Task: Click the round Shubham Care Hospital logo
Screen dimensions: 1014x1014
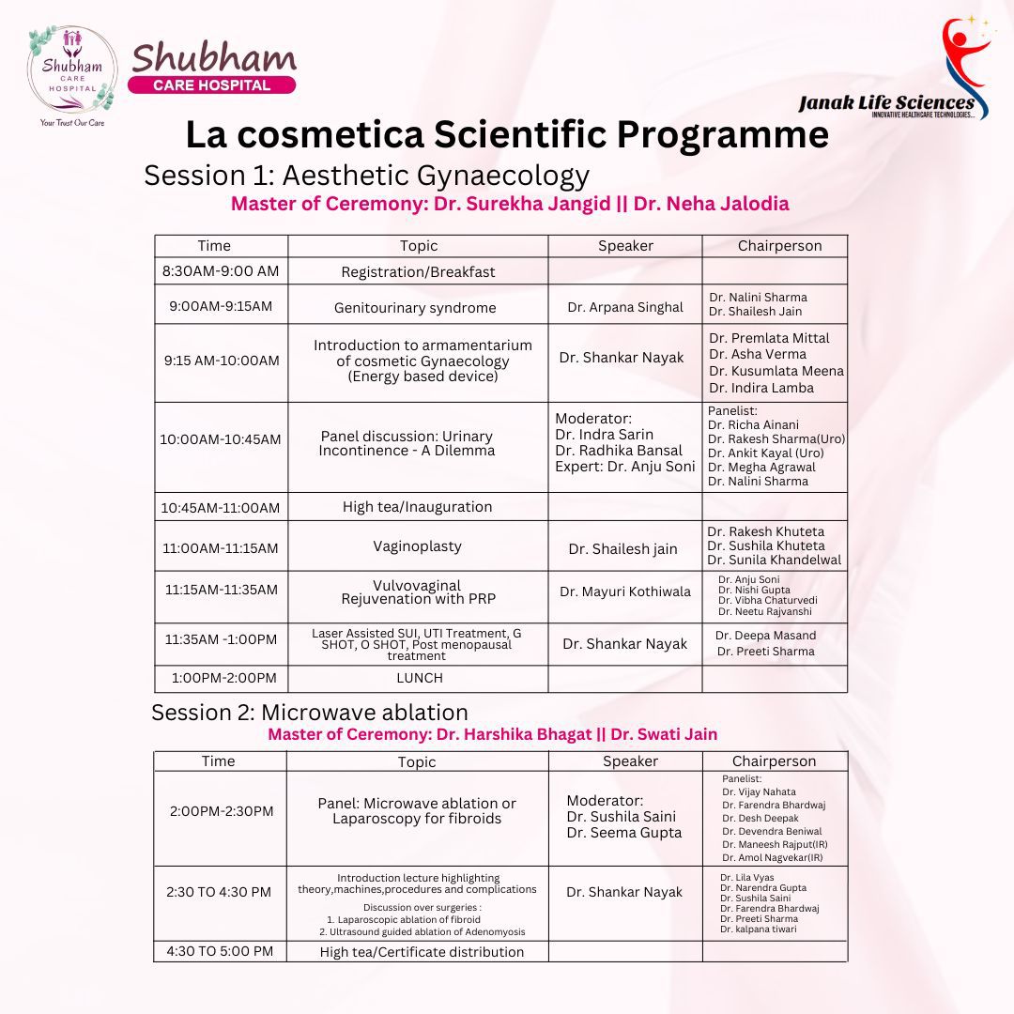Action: pyautogui.click(x=69, y=69)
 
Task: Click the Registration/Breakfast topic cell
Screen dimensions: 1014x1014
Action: pyautogui.click(x=418, y=272)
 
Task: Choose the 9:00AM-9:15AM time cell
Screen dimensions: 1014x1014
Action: pyautogui.click(x=221, y=306)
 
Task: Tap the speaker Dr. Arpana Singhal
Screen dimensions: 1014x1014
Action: pyautogui.click(x=625, y=307)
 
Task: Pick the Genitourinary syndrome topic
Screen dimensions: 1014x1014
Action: pyautogui.click(x=415, y=308)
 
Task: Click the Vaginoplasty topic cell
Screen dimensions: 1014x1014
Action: pyautogui.click(x=418, y=546)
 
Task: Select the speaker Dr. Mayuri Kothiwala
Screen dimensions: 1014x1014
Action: pyautogui.click(x=625, y=591)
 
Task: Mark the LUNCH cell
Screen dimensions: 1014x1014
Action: pyautogui.click(x=419, y=678)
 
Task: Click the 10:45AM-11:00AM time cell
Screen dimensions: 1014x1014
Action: pyautogui.click(x=221, y=508)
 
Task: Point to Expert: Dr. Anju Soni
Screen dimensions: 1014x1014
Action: pyautogui.click(x=625, y=467)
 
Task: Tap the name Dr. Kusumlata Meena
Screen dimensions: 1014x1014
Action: pyautogui.click(x=776, y=371)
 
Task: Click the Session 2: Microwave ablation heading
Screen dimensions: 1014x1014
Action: pyautogui.click(x=310, y=713)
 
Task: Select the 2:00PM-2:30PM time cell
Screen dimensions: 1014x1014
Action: pyautogui.click(x=222, y=811)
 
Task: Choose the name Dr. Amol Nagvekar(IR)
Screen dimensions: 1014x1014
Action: pyautogui.click(x=773, y=857)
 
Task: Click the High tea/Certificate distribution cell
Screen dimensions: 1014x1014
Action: pyautogui.click(x=422, y=952)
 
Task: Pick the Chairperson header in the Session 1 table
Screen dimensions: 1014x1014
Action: pyautogui.click(x=779, y=246)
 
